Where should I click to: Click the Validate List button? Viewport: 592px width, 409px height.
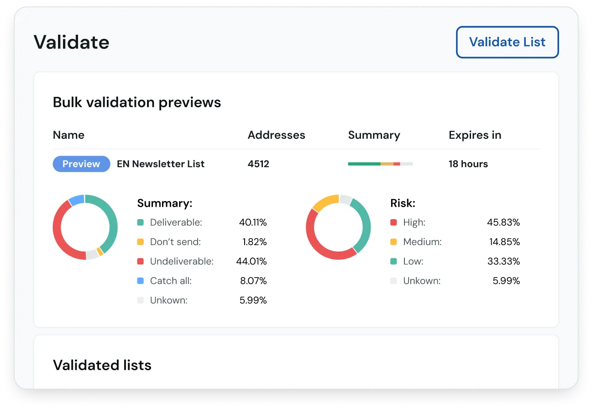(507, 42)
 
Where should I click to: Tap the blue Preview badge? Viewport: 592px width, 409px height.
(81, 164)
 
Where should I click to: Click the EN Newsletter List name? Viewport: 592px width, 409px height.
(161, 164)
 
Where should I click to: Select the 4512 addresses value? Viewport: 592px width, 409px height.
(258, 164)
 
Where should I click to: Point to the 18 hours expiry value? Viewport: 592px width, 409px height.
(468, 164)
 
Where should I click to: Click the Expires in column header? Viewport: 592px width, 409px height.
(475, 135)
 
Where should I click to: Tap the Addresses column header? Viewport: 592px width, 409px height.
(276, 135)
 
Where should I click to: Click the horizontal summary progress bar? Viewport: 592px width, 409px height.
(380, 164)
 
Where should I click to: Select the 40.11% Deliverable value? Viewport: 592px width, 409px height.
(253, 222)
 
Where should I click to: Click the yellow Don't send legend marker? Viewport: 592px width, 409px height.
(141, 242)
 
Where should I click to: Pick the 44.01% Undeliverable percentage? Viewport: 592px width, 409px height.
(253, 262)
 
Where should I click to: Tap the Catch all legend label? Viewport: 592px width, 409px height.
(171, 281)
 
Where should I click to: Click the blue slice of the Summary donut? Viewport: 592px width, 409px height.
(76, 200)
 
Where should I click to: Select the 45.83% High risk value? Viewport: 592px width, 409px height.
(503, 222)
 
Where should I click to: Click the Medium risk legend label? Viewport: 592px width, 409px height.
(422, 242)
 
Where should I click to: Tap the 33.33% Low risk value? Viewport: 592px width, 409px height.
(503, 262)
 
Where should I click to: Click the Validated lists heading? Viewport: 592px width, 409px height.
(102, 365)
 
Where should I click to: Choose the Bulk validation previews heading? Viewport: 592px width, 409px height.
(137, 102)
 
